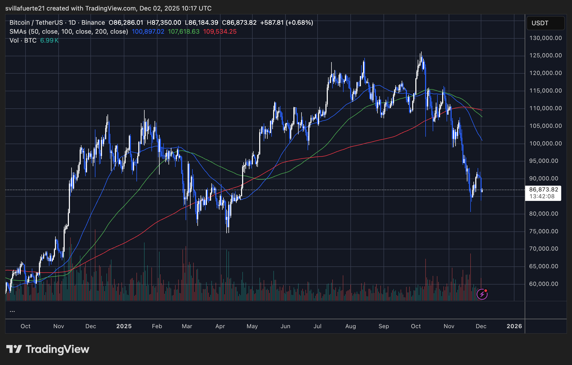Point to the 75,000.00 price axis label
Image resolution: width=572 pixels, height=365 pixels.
click(544, 231)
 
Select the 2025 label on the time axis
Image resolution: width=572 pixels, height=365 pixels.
click(124, 326)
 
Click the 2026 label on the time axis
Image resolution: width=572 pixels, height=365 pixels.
click(514, 326)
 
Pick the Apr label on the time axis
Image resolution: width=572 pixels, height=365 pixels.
click(220, 326)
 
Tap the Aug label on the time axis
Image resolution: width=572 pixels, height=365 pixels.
click(350, 326)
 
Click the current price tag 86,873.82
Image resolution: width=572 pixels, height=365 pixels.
click(543, 190)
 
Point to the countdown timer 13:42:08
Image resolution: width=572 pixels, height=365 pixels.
click(542, 196)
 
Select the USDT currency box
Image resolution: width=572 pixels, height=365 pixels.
click(545, 23)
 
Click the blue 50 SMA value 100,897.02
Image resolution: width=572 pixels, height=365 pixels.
click(148, 32)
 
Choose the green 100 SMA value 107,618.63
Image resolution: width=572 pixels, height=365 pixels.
click(183, 32)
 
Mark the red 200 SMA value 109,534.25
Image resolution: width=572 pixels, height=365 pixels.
click(220, 32)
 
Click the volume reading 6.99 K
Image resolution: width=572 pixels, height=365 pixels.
click(49, 40)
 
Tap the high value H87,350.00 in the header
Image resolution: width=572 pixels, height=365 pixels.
click(164, 23)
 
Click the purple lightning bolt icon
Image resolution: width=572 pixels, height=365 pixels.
click(482, 294)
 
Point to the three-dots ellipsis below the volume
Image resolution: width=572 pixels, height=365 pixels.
click(12, 311)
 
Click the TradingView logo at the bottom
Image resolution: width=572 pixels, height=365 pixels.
click(48, 349)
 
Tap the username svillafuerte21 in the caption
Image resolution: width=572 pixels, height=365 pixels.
click(25, 8)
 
